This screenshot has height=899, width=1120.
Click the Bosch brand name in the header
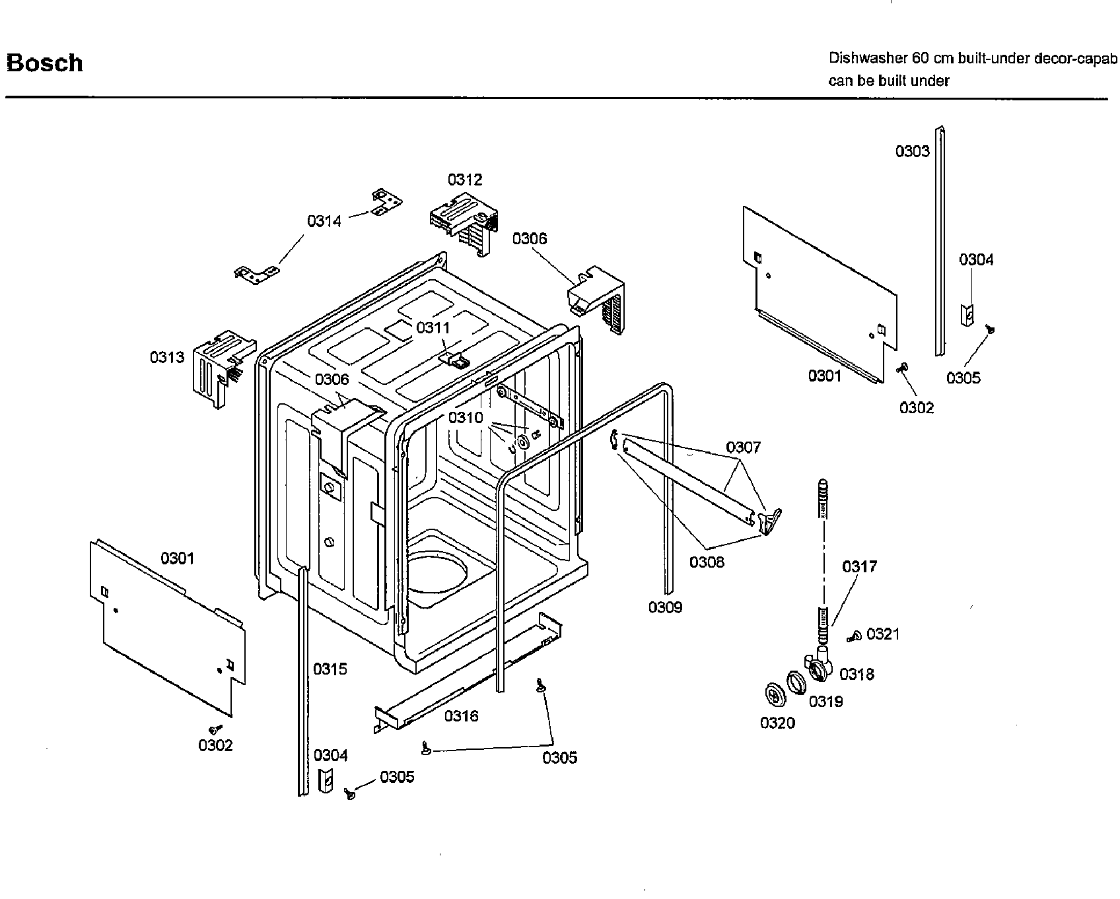44,63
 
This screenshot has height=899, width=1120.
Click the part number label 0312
465,180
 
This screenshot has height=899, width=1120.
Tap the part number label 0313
167,357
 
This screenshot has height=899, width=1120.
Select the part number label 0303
912,151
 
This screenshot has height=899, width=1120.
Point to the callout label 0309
665,607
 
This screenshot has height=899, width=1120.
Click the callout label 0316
461,716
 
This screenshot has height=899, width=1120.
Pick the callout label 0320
777,723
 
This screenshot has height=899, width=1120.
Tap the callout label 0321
883,634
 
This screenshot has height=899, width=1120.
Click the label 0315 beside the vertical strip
330,669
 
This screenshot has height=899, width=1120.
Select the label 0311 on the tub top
433,327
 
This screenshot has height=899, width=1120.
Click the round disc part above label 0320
771,694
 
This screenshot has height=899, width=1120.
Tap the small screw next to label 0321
854,637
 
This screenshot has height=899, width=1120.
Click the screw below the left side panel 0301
214,729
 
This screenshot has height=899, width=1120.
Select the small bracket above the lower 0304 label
325,781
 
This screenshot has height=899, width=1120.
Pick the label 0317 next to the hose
859,566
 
